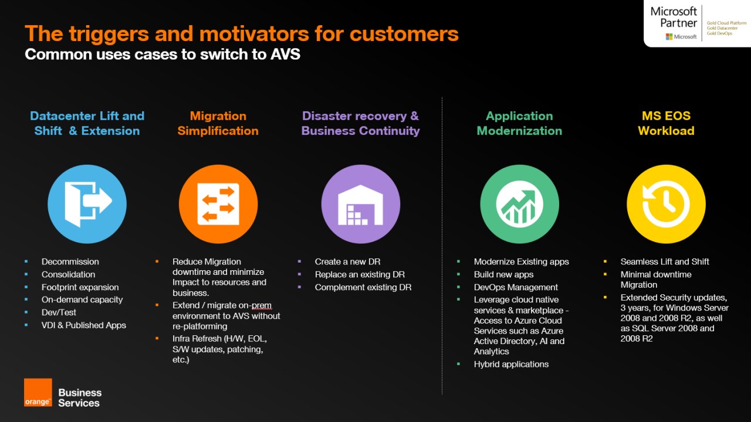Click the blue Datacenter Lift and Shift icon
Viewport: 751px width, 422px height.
(87, 204)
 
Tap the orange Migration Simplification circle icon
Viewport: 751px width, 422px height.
(218, 204)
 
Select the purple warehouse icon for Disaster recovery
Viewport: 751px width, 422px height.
(360, 204)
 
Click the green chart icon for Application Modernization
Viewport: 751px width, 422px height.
(519, 204)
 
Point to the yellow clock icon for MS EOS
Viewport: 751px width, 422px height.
(666, 204)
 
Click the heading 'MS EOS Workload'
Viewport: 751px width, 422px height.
(666, 123)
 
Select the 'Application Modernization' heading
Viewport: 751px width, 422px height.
(519, 123)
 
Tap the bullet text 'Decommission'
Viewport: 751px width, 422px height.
(70, 261)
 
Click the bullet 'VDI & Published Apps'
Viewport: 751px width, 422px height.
(83, 325)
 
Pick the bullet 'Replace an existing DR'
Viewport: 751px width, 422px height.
(360, 274)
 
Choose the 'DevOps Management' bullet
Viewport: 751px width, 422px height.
(516, 287)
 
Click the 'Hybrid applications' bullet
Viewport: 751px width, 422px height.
(511, 364)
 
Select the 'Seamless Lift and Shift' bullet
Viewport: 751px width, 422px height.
(665, 261)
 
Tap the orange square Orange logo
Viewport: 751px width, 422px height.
(38, 393)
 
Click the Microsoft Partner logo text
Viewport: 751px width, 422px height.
(674, 17)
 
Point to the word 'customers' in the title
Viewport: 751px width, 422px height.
(404, 33)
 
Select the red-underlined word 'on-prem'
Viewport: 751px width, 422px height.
(258, 305)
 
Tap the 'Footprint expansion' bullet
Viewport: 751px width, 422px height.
(80, 287)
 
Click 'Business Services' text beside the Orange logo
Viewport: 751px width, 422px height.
(80, 397)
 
